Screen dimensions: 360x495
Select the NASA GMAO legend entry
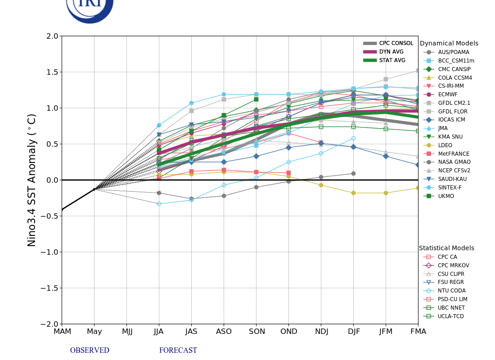pos(454,162)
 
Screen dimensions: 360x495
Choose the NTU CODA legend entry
pos(451,291)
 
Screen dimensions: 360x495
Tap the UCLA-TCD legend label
pos(451,316)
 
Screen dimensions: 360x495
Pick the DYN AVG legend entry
pos(391,52)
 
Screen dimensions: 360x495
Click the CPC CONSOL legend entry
pos(396,43)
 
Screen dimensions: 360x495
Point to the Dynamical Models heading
pos(449,44)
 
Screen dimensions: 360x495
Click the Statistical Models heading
pos(446,248)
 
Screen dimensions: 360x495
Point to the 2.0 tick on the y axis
pos(52,36)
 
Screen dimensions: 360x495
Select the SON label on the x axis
pos(256,332)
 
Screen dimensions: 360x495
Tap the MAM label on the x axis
pos(62,332)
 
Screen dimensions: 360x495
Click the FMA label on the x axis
pos(418,332)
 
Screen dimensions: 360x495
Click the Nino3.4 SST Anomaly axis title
pos(32,180)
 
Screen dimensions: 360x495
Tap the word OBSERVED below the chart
pos(90,351)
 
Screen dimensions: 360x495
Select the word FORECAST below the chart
pos(178,351)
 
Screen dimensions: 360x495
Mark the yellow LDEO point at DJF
pos(353,193)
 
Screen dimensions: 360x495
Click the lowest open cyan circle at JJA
pos(159,204)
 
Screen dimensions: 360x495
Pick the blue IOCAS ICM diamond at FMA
pos(418,165)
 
